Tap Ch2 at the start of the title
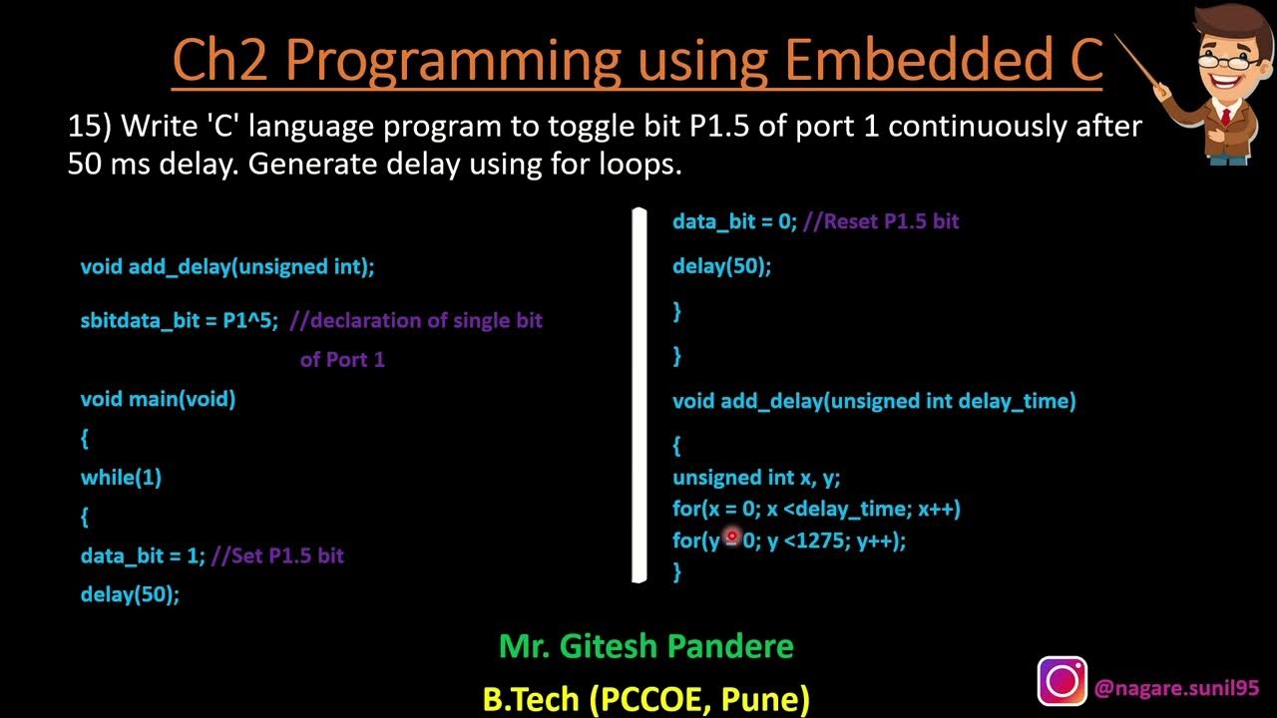(220, 60)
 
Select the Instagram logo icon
(1063, 681)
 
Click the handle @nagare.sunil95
(1176, 688)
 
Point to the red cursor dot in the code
(731, 538)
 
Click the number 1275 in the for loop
(821, 541)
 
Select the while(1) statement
(121, 478)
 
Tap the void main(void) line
(158, 399)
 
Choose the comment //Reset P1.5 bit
(880, 221)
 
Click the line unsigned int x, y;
(756, 478)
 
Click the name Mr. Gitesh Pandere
(645, 646)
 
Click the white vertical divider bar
(639, 394)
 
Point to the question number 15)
(90, 127)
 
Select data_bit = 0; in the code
(734, 221)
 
